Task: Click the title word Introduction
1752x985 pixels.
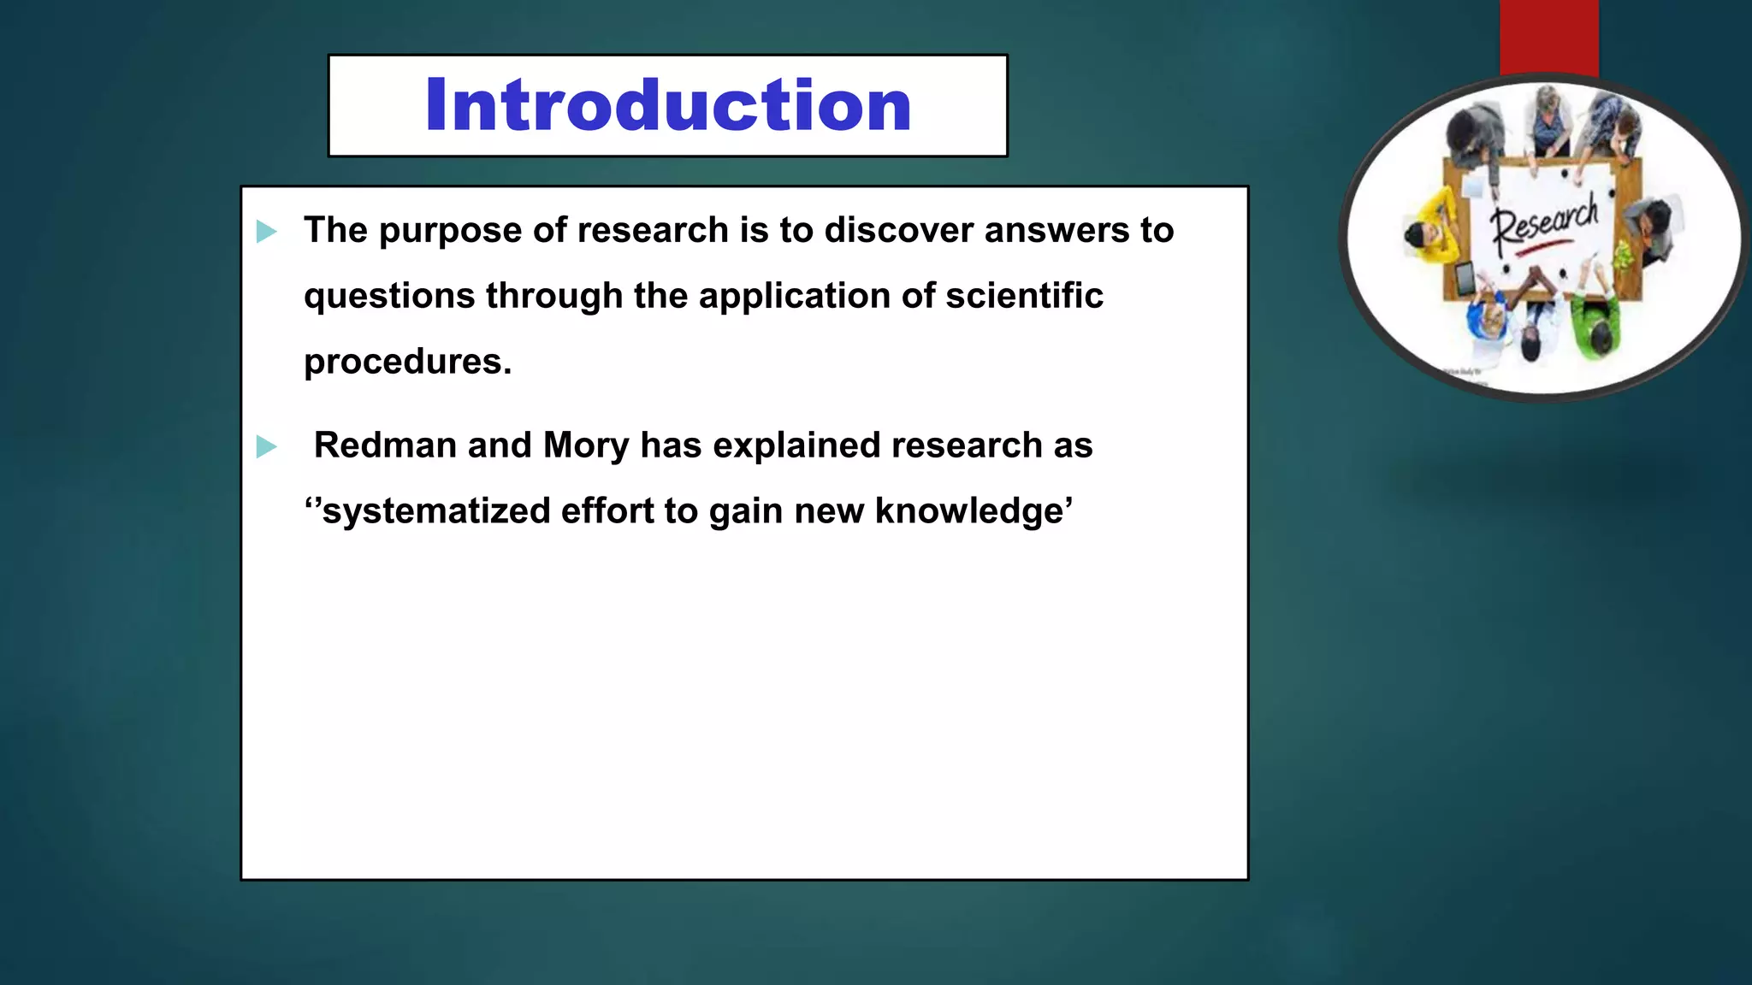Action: coord(667,105)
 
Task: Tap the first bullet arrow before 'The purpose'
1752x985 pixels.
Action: coord(266,231)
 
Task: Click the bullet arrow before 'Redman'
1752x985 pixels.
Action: coord(266,446)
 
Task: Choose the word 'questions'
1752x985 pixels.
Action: coord(389,297)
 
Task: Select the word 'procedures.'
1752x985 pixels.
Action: coord(407,363)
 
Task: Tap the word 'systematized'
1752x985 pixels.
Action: coord(436,511)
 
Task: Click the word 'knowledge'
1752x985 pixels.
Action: coord(968,511)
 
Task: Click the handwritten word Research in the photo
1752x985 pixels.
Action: coord(1544,221)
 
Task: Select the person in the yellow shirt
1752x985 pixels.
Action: coord(1435,231)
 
